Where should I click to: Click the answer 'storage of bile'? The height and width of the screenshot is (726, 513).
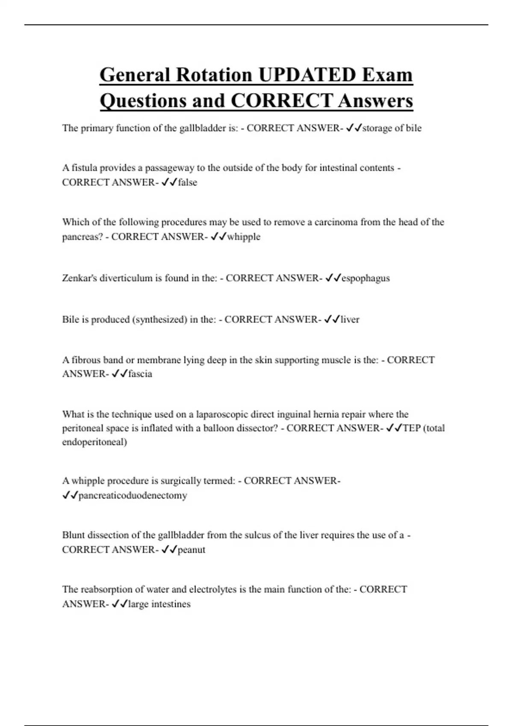[392, 128]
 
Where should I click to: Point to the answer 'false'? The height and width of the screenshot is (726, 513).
[187, 182]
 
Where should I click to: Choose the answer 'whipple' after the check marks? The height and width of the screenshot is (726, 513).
[243, 237]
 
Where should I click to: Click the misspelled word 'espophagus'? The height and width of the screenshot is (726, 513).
[366, 278]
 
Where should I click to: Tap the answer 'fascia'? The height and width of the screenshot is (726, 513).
[140, 374]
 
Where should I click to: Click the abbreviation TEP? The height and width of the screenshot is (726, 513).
[411, 428]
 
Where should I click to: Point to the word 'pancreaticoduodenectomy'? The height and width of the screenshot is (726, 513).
[133, 495]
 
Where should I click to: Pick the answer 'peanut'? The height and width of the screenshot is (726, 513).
[191, 550]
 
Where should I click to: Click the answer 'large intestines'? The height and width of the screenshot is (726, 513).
[159, 604]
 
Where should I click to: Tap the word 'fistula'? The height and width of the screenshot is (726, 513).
[84, 168]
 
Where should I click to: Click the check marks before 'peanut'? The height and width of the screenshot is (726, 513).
[169, 550]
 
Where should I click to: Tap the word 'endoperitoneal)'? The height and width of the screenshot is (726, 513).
[94, 442]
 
